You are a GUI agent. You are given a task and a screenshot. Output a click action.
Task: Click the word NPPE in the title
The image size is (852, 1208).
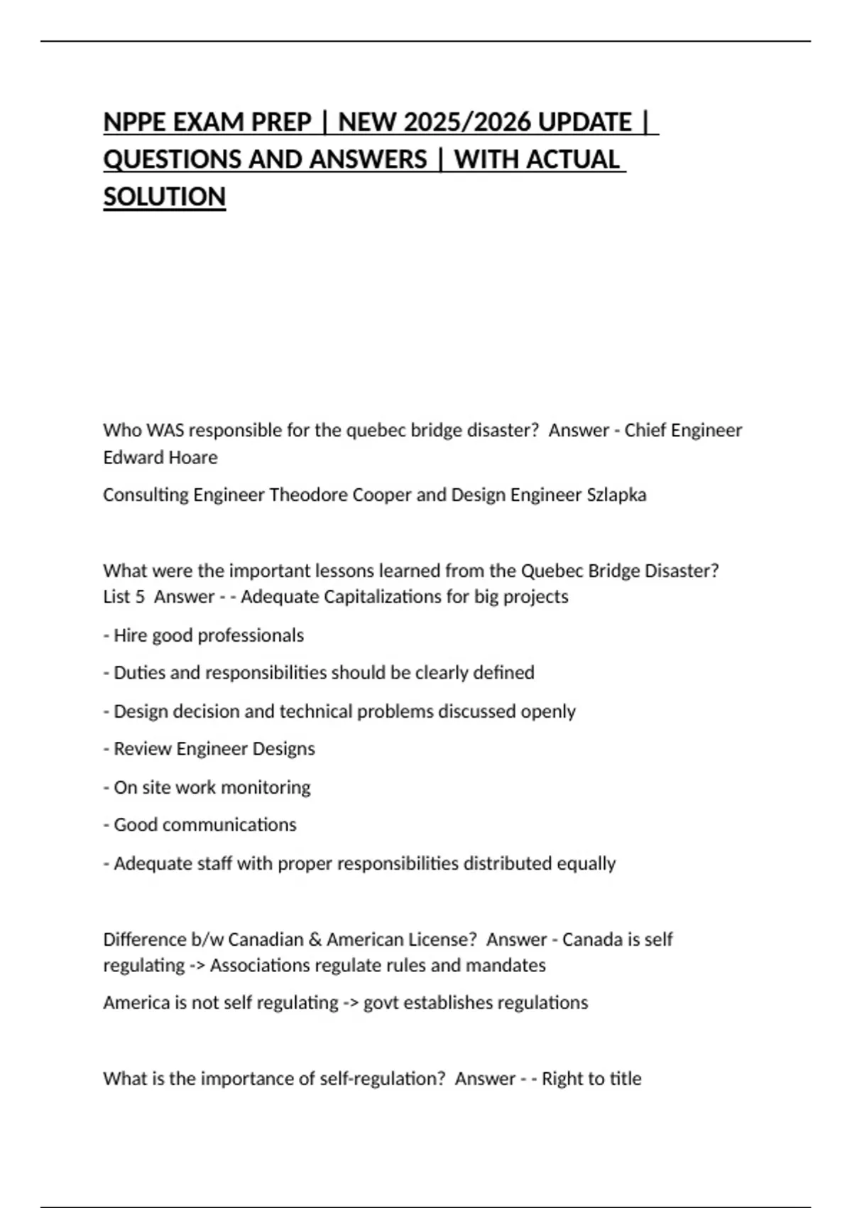pos(134,122)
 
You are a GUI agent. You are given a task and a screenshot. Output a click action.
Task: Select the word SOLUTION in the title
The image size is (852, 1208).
pos(164,197)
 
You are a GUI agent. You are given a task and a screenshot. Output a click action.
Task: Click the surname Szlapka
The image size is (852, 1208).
pos(616,495)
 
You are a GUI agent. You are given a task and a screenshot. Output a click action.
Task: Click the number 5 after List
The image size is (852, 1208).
pos(139,597)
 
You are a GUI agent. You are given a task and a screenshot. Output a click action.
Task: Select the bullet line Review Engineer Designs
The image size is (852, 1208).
pos(209,749)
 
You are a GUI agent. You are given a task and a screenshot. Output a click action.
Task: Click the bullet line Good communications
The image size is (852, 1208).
pos(200,825)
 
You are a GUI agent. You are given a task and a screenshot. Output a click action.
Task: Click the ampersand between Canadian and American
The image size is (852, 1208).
pos(315,940)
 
